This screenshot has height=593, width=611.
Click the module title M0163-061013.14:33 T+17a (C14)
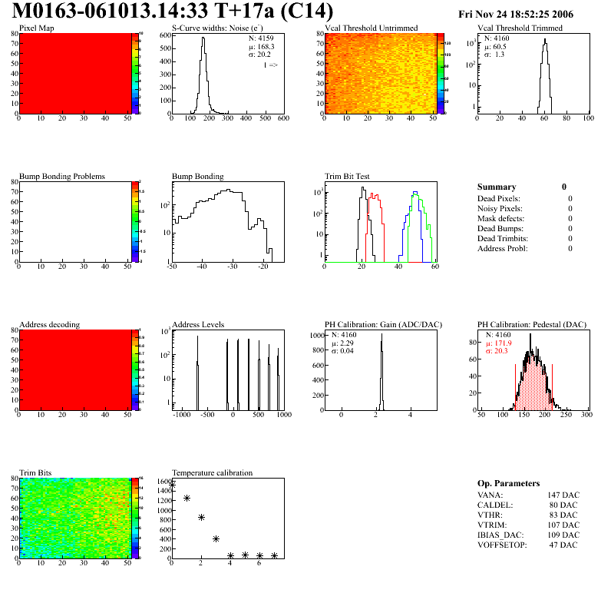coord(173,12)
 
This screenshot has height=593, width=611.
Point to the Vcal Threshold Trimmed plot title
coord(520,28)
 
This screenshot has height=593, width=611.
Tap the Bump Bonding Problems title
coord(61,177)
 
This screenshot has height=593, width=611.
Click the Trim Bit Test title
coord(347,177)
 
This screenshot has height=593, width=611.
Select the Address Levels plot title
coord(198,325)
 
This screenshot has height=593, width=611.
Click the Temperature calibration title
coord(212,473)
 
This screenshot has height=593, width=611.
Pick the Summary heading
coord(497,187)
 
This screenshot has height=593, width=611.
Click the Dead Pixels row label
coord(499,199)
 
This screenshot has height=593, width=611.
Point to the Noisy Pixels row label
coord(500,209)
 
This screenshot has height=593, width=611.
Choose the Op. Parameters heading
coord(508,483)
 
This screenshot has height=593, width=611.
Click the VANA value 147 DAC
coord(563,495)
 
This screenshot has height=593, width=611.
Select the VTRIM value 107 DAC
coord(563,525)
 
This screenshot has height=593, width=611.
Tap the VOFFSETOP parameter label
coord(502,545)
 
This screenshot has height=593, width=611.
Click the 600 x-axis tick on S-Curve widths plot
coord(282,118)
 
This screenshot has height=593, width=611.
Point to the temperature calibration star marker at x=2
coord(201,517)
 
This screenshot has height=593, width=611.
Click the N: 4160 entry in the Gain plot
coord(347,336)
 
